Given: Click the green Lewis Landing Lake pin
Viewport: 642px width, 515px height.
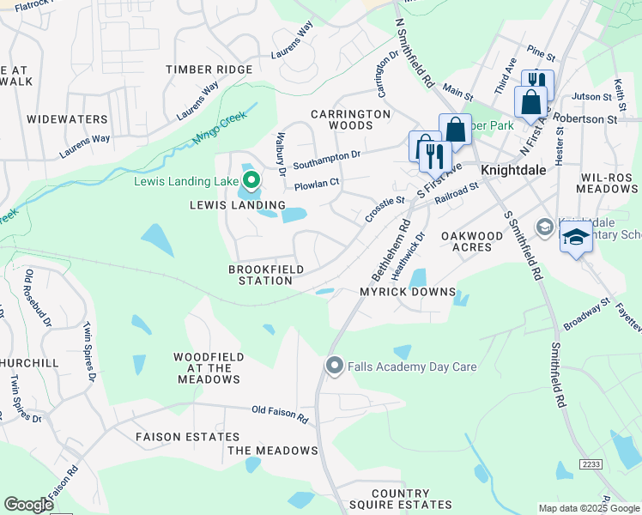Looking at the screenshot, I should point(251,180).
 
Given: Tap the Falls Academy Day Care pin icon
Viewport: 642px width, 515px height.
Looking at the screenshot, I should point(335,367).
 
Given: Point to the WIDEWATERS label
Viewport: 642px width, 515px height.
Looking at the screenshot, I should point(67,119).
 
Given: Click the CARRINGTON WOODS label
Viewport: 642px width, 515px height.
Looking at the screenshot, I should point(350,119).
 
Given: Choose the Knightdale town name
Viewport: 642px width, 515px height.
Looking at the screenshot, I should point(512,170).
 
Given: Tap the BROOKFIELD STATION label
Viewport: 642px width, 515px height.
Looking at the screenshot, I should point(260,275).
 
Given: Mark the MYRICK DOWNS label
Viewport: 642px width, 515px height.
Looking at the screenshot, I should point(407,292).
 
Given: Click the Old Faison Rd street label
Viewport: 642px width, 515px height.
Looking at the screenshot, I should point(280,415).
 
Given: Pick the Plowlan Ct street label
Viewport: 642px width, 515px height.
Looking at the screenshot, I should point(317,183).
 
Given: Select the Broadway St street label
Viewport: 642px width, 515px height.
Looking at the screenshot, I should point(587,313).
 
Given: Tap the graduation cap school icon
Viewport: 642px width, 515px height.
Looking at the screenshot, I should point(576,238).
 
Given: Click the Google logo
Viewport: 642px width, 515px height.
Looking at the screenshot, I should point(28,505).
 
